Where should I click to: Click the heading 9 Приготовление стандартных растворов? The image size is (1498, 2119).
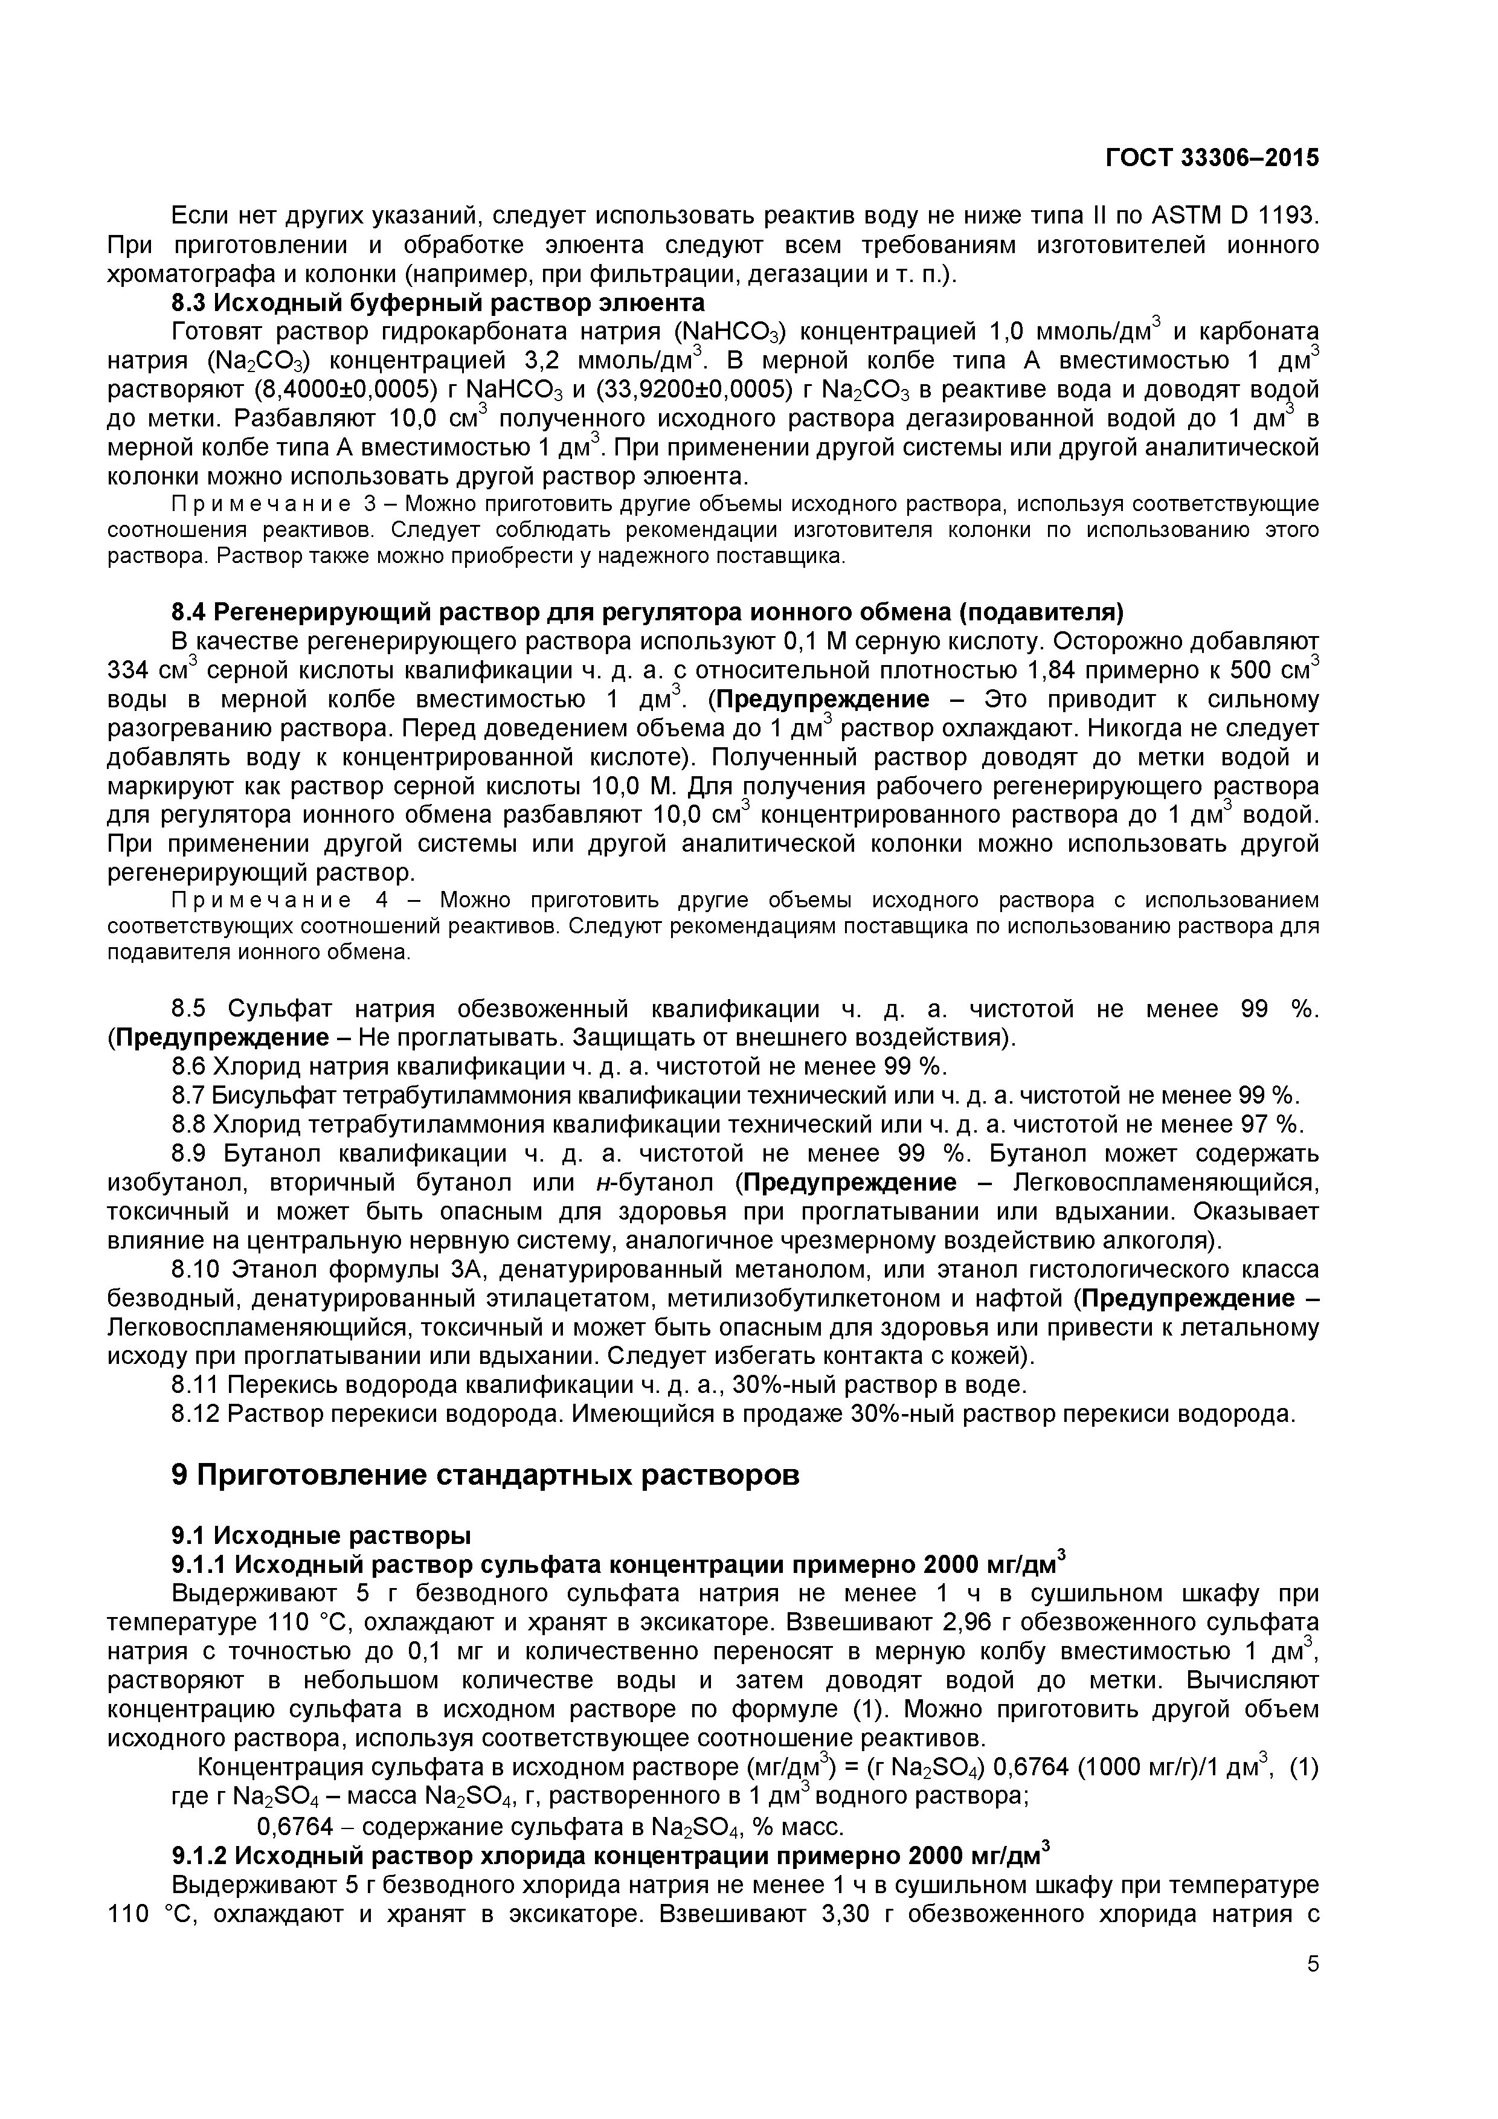point(486,1475)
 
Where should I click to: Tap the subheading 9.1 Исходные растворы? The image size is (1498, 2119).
point(321,1535)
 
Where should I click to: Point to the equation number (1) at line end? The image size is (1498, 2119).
point(1304,1767)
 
